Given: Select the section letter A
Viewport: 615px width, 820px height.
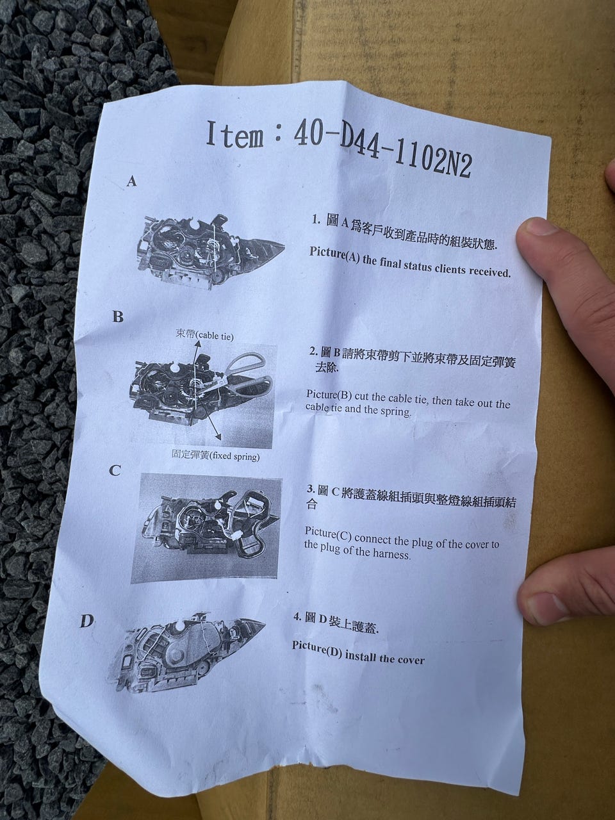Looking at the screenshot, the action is [131, 181].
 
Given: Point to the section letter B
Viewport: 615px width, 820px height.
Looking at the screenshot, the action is [118, 317].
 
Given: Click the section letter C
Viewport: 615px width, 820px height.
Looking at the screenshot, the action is [115, 470].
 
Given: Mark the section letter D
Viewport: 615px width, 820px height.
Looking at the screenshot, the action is [86, 621].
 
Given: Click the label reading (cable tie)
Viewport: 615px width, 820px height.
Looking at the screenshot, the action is [214, 336].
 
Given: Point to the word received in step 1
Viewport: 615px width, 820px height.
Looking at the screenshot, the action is [489, 272].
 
